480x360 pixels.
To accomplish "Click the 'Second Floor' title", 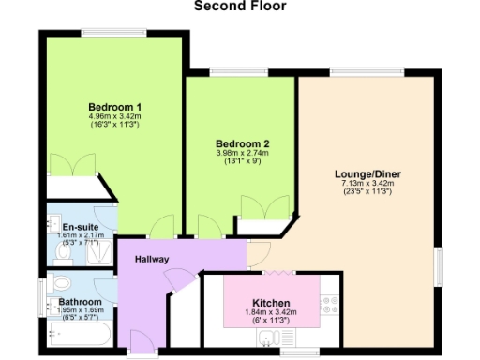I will [x=240, y=7].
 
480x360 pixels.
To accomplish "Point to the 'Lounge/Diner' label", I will [x=368, y=172].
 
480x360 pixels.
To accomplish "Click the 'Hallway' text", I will [x=152, y=259].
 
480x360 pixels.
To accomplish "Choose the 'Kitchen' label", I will [x=270, y=303].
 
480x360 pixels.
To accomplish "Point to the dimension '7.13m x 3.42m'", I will [x=368, y=183].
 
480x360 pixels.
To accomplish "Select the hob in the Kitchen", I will [x=329, y=304].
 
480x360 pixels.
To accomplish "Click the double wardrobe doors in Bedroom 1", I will [x=72, y=163].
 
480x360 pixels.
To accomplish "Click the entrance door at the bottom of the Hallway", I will [x=143, y=354].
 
